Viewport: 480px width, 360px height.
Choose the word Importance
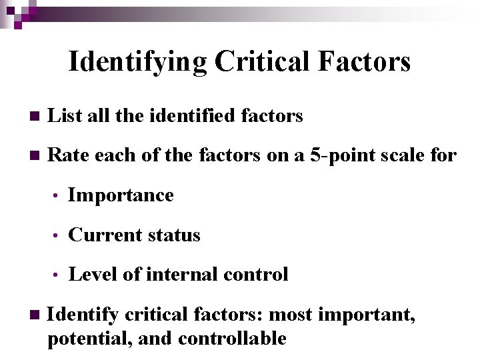point(121,195)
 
